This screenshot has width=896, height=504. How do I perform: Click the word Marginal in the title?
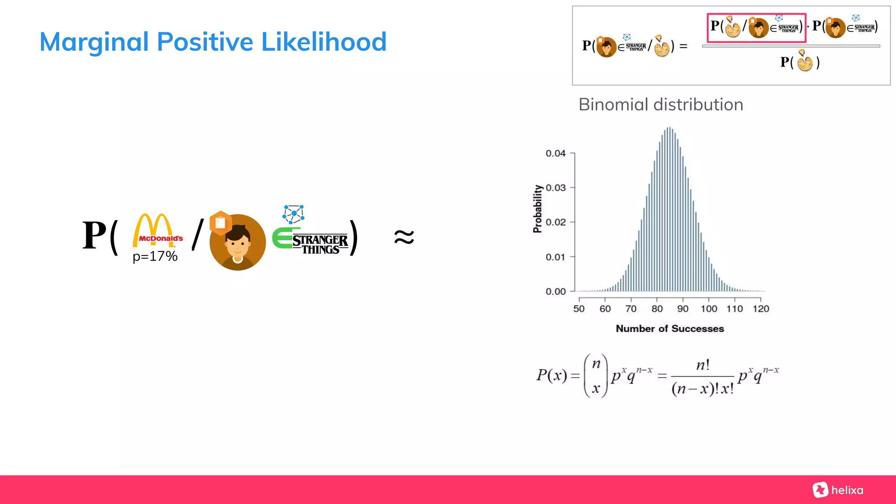(94, 42)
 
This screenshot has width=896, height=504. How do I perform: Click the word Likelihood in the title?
(324, 42)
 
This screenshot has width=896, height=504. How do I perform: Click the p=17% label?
(155, 256)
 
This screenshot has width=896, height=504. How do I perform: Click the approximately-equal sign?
(403, 238)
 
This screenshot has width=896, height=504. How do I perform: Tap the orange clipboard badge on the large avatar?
(220, 223)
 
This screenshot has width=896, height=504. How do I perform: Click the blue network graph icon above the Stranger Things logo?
(294, 214)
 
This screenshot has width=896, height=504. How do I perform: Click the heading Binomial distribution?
(661, 105)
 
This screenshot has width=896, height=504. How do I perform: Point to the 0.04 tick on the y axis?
(556, 154)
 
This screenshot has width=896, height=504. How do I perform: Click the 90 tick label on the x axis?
(682, 309)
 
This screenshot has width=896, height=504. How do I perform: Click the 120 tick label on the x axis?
(760, 309)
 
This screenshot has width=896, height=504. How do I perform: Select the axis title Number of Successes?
(669, 329)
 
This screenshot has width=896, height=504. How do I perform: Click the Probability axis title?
(537, 209)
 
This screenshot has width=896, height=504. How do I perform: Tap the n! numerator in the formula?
(703, 365)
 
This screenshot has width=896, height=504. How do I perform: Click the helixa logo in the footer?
(838, 490)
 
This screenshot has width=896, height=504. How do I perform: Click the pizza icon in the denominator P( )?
(805, 62)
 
